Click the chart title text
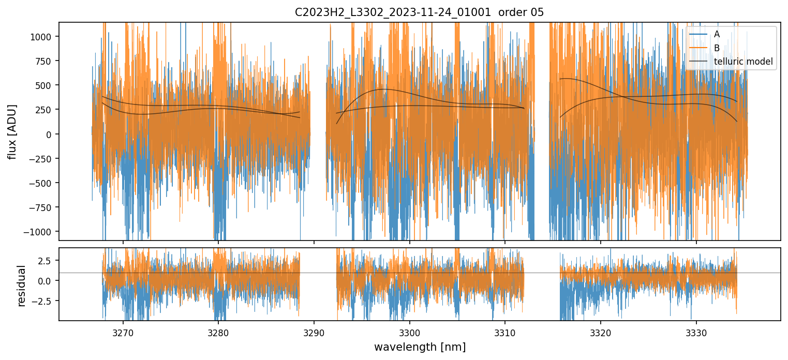tap(419, 12)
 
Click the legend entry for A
tap(717, 34)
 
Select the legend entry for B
tap(717, 48)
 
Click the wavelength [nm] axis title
tap(420, 347)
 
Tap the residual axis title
tap(22, 286)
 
